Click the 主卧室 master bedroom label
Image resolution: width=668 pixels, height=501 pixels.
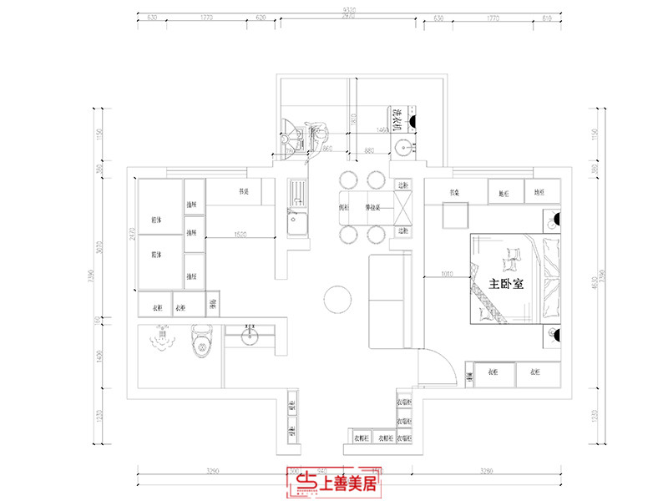click(506, 284)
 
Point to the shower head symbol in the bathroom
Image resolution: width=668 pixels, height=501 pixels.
click(162, 338)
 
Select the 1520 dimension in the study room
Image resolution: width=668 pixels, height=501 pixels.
click(239, 235)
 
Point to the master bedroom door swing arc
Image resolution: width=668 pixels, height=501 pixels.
click(447, 359)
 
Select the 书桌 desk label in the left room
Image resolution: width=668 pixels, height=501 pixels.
click(244, 191)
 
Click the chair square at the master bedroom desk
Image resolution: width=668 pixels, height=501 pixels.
click(456, 215)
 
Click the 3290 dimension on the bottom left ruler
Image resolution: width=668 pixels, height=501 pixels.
click(212, 472)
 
